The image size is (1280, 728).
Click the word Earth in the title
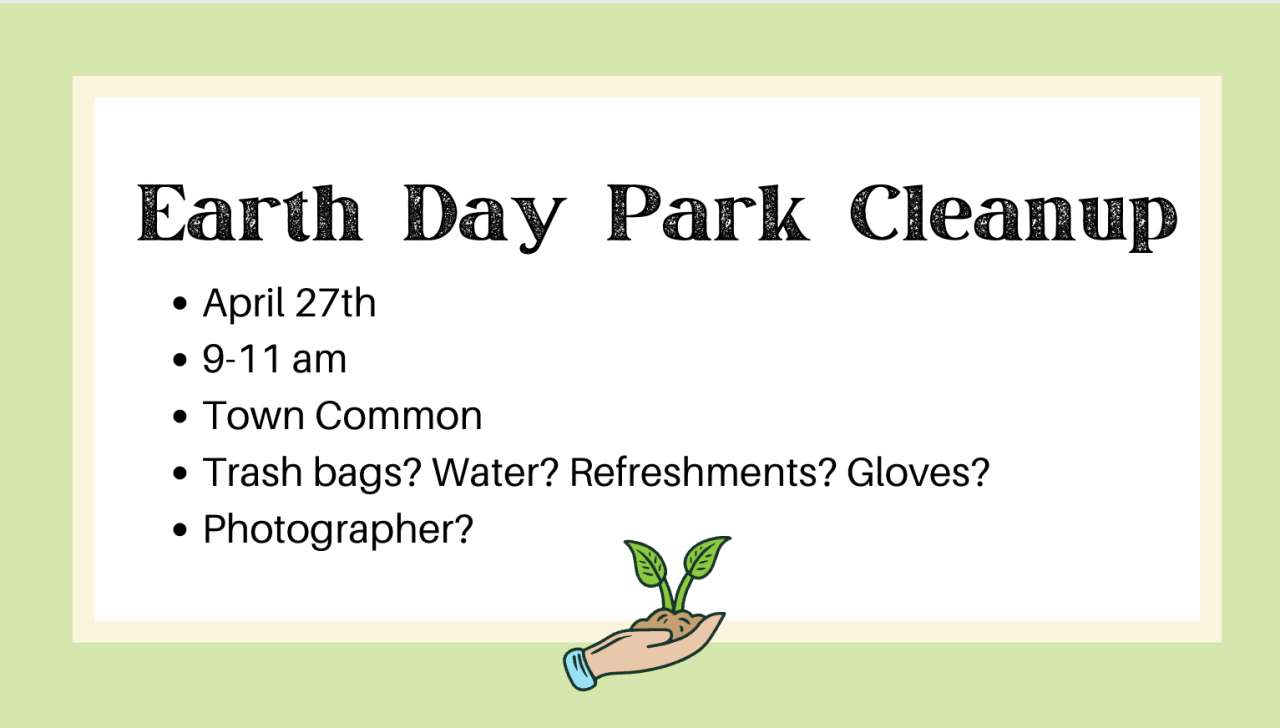250,213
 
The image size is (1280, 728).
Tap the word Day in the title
485,218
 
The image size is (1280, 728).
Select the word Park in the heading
707,213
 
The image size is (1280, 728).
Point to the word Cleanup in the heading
1014,217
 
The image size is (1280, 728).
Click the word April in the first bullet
244,304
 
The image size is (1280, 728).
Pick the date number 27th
336,302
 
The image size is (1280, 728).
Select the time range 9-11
242,359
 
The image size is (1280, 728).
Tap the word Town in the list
253,415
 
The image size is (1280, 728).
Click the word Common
399,415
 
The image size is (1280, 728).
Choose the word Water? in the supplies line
495,472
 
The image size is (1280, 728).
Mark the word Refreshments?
703,472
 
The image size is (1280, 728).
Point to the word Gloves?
918,472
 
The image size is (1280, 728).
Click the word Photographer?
338,530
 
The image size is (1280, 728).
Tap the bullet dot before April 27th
179,303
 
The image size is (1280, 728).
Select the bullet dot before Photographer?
179,530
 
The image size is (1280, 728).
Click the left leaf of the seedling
647,563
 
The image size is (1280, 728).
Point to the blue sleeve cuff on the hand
579,669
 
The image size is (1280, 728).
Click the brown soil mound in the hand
670,622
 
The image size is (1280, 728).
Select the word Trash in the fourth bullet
253,472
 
